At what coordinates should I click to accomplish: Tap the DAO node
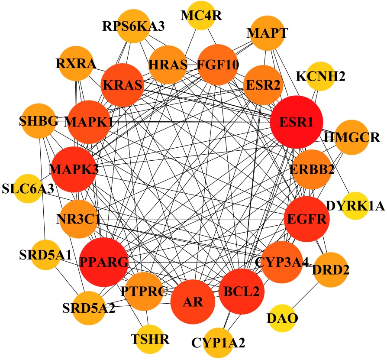click(x=282, y=320)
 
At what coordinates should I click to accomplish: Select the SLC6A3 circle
click(x=29, y=189)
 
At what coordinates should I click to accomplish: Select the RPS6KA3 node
click(x=130, y=29)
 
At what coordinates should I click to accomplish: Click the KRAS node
click(x=123, y=85)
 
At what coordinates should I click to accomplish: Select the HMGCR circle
click(x=352, y=138)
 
